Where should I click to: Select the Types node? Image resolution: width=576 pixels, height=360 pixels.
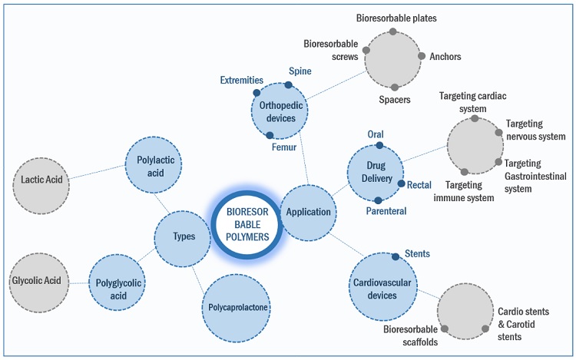[183, 237]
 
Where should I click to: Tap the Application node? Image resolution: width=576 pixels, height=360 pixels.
[308, 212]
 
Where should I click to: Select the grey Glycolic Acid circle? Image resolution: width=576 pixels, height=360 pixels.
[37, 281]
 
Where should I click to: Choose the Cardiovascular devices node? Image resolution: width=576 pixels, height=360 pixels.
[381, 282]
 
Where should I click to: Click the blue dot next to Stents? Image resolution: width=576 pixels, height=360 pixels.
[395, 256]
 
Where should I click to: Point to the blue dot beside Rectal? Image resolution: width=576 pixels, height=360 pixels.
[401, 183]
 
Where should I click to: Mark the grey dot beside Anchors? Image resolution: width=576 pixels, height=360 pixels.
[421, 56]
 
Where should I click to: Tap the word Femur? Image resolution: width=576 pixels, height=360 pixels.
[284, 146]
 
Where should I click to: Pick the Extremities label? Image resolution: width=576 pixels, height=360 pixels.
[241, 80]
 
